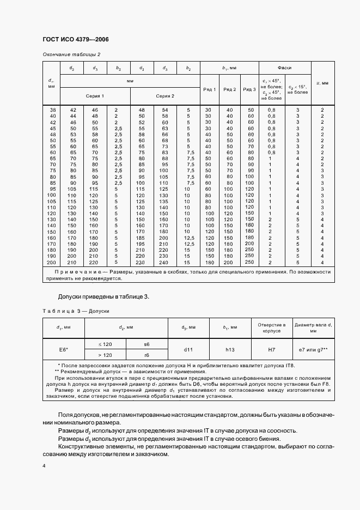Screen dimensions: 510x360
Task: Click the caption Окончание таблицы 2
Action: click(71, 55)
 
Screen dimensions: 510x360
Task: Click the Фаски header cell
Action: click(284, 68)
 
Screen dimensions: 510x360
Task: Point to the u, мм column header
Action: click(322, 83)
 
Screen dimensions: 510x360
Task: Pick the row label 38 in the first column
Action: click(53, 110)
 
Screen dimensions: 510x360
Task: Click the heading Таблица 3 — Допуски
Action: click(76, 311)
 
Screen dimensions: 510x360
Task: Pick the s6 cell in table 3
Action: click(147, 345)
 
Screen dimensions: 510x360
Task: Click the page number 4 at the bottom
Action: click(44, 466)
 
